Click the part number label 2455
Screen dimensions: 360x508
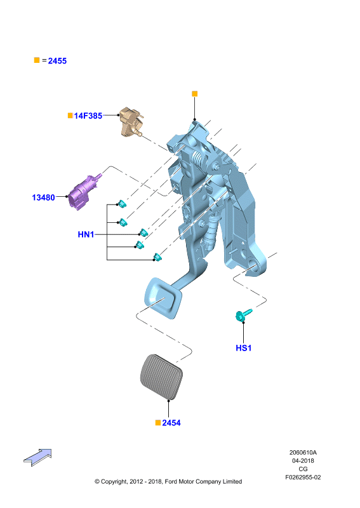(x=57, y=61)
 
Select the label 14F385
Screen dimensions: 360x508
(x=88, y=116)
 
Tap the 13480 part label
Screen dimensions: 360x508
(x=43, y=197)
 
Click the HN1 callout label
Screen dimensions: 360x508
(x=86, y=234)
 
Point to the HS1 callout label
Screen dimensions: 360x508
(x=244, y=348)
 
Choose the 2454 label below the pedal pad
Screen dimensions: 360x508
(x=171, y=423)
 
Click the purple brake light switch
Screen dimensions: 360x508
(x=84, y=192)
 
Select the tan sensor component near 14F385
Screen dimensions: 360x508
(x=131, y=122)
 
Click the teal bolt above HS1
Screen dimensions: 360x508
(x=243, y=314)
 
